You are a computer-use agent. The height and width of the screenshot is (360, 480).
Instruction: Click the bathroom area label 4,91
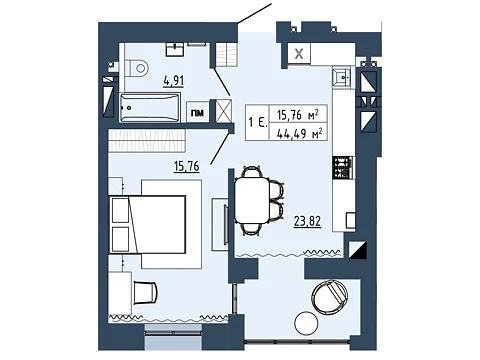173,81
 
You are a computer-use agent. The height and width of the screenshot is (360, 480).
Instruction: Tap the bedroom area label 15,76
187,166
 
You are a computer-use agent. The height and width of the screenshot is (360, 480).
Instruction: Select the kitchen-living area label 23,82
307,221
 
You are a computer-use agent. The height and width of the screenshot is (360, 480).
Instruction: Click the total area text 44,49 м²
299,134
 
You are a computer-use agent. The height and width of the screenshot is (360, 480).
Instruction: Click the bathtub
150,107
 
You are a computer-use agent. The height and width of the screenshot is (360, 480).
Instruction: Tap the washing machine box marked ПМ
197,113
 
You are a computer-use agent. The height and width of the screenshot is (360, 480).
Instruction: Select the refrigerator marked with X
299,53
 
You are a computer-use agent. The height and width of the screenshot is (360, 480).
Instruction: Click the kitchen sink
342,78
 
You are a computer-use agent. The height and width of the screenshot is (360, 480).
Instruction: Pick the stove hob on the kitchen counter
342,167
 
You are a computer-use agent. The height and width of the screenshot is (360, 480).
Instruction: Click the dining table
252,201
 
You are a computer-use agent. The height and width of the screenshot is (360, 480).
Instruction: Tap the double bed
147,225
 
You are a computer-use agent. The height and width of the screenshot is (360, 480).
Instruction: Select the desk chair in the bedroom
145,292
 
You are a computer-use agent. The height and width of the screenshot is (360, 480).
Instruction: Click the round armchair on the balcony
330,297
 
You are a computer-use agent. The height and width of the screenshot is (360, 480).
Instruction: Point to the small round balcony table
306,322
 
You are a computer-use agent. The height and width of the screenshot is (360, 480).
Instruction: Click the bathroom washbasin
175,49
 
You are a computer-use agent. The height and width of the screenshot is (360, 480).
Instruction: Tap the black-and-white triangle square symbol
357,250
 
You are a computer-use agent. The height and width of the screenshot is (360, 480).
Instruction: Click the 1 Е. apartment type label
258,123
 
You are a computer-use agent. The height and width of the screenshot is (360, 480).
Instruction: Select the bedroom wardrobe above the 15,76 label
147,140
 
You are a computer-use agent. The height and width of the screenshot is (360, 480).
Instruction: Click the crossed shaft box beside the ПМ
223,111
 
